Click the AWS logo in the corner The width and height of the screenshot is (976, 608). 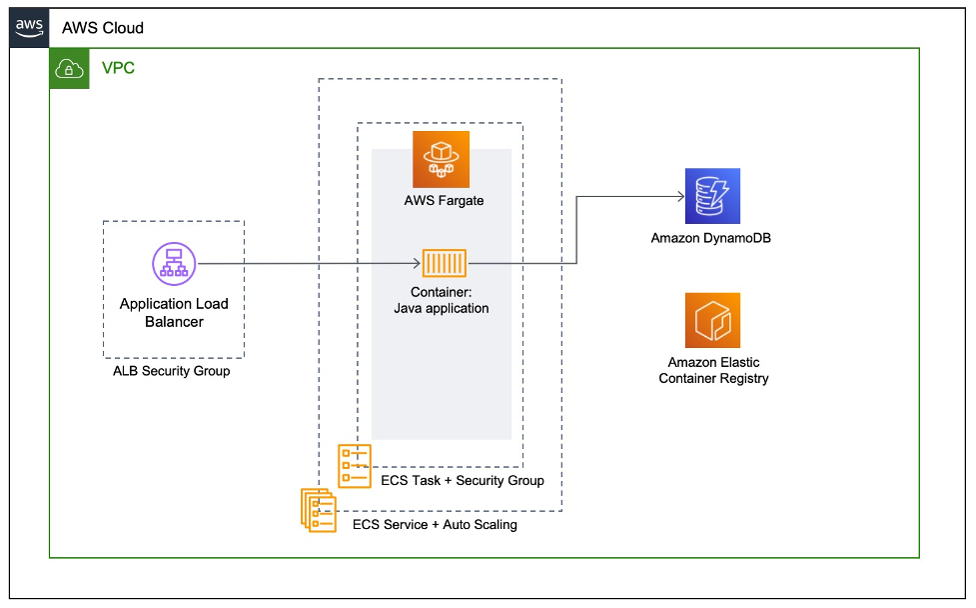coord(29,27)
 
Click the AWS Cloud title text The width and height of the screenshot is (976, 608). coord(103,28)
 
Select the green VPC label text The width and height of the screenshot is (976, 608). coord(118,68)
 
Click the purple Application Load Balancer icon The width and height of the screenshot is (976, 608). coord(174,264)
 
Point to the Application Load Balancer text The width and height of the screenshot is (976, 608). coord(174,312)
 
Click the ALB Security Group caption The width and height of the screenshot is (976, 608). coord(172,371)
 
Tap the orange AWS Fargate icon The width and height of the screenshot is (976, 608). coord(441,157)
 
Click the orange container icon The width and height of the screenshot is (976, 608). coord(445,264)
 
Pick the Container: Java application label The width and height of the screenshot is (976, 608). coord(442,301)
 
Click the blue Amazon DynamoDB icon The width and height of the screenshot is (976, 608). coord(711,196)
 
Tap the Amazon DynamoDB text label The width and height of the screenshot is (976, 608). coord(711,238)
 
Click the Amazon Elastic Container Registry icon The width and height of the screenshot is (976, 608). coord(712,320)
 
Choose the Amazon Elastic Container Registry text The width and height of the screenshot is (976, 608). coord(713,370)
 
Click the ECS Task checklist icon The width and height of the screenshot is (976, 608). coord(355,465)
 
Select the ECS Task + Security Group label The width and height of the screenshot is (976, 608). coord(463,480)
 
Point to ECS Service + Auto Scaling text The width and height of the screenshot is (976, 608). coord(436,524)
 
